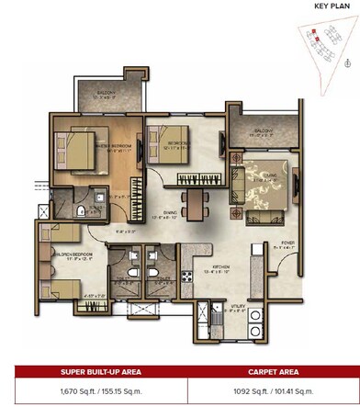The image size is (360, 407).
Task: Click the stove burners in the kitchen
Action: (x=186, y=275)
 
